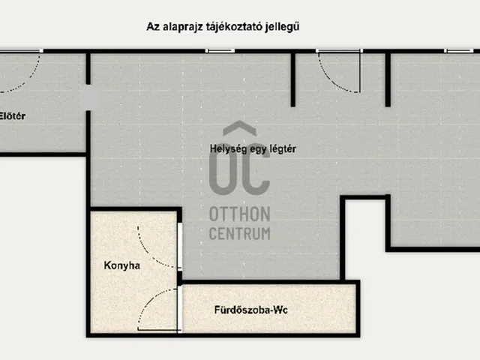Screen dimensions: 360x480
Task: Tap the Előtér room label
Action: tap(13, 116)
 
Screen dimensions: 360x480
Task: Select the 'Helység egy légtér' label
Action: tap(253, 148)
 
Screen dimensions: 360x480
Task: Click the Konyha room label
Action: tap(122, 265)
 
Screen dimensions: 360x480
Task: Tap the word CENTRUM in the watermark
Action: tap(239, 233)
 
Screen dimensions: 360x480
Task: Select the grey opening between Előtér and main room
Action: tap(88, 100)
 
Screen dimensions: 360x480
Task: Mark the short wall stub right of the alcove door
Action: tap(388, 79)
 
